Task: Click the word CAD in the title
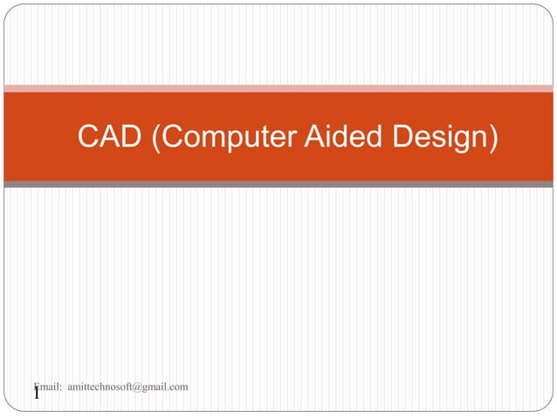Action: pos(110,137)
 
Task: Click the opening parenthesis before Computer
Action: pos(156,138)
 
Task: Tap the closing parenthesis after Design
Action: pos(494,138)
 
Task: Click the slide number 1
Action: pos(37,395)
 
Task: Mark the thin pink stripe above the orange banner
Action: pos(278,88)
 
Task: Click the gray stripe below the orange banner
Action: pos(278,184)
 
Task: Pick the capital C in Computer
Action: pos(172,137)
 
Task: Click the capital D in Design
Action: pos(404,137)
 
